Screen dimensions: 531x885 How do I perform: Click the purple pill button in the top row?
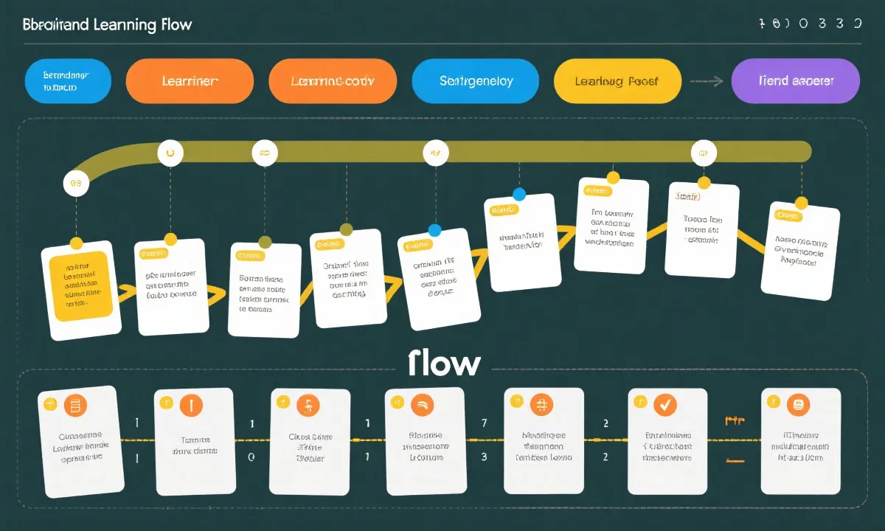[x=795, y=81]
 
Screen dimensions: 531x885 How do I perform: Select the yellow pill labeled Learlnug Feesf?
[x=617, y=81]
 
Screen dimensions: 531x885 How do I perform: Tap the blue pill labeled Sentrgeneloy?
[x=476, y=81]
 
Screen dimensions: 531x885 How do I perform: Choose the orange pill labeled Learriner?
[x=190, y=81]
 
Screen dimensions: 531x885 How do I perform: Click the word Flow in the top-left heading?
[x=175, y=24]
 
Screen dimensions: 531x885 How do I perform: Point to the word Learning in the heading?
[x=124, y=24]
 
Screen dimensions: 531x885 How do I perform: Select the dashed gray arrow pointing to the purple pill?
[x=706, y=82]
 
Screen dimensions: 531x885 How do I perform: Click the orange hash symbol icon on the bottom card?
[x=541, y=404]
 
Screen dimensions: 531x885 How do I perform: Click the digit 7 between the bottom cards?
[x=484, y=423]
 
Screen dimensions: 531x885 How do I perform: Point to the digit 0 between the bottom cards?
[x=251, y=457]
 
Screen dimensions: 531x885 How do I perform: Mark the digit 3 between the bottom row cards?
[x=484, y=457]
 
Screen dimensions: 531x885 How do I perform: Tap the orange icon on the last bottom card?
[x=798, y=404]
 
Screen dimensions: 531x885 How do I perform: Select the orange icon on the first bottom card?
[x=74, y=404]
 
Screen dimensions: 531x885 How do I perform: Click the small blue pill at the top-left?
[x=68, y=81]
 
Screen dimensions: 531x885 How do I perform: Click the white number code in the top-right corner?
[x=810, y=24]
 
